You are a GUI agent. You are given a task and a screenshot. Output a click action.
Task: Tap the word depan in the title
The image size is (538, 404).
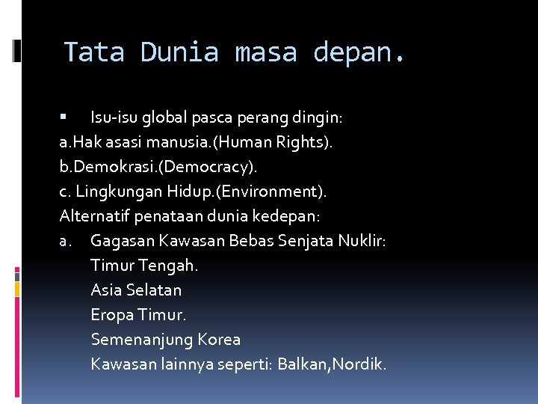[359, 52]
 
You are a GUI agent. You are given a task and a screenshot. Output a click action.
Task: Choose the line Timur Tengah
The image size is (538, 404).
[144, 266]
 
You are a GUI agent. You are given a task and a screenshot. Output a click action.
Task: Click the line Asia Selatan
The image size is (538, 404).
[136, 290]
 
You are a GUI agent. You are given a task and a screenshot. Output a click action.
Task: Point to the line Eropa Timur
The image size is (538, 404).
[138, 315]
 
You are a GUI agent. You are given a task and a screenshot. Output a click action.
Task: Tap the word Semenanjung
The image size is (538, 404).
[141, 340]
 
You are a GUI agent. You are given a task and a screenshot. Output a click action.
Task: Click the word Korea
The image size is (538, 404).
[219, 340]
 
